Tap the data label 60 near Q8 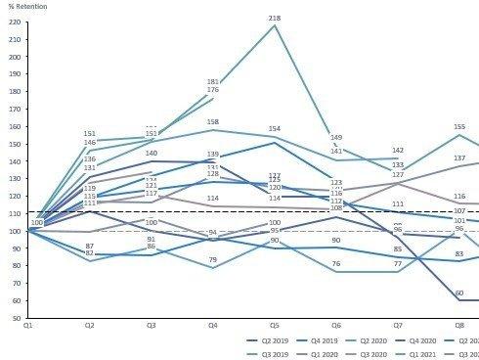point(458,292)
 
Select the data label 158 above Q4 point(213,122)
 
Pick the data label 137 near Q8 point(458,157)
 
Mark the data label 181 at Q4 point(213,82)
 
